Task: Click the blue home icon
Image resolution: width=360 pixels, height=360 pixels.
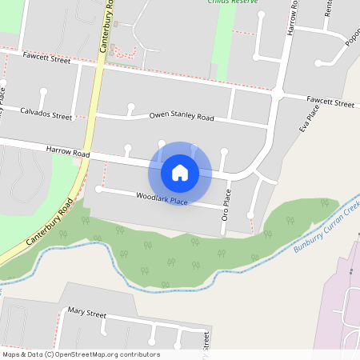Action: point(180,172)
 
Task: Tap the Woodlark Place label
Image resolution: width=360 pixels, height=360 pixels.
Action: point(162,198)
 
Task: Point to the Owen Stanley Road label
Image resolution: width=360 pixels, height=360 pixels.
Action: point(182,117)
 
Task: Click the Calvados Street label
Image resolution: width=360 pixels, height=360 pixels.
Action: point(46,115)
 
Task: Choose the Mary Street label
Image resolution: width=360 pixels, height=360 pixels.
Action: point(86,310)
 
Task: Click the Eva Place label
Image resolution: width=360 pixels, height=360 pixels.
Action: point(303,119)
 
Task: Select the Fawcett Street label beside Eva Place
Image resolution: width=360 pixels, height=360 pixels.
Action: point(330,102)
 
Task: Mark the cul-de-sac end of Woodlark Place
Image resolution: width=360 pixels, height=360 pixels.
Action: point(98,189)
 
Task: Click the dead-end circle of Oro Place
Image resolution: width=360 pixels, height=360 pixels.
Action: point(250,214)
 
